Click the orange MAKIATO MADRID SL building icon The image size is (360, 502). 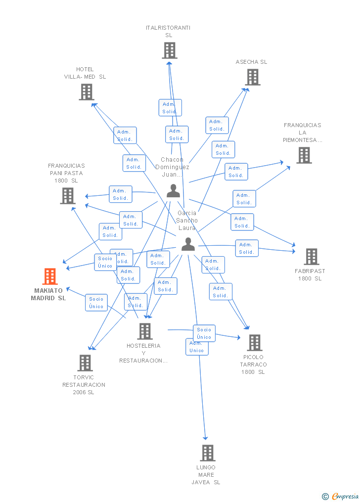click(50, 276)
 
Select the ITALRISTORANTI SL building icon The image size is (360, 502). click(169, 50)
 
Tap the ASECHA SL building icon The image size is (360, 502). click(253, 77)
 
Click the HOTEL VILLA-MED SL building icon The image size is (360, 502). click(86, 92)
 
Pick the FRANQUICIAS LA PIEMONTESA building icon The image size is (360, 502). click(304, 155)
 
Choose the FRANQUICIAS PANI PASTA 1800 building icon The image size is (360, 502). click(67, 196)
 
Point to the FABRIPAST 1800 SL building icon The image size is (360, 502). click(311, 257)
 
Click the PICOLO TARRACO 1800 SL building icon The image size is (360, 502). click(254, 343)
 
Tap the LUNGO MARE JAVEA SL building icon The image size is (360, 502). click(207, 453)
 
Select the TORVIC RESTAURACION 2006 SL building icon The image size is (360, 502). click(85, 363)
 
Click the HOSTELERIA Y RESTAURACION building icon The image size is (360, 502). click(144, 331)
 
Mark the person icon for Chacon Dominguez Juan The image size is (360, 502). click(173, 191)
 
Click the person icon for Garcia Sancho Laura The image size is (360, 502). click(188, 244)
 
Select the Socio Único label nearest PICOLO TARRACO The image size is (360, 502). click(204, 333)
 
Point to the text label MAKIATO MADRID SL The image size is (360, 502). click(48, 294)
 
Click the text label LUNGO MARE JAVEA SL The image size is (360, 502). click(206, 475)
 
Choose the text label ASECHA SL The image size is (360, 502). click(251, 62)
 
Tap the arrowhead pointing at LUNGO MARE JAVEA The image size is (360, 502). click(206, 438)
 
